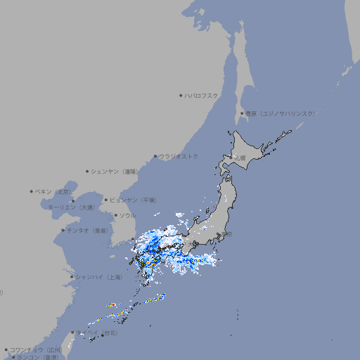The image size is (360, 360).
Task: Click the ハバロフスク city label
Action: coord(202,95)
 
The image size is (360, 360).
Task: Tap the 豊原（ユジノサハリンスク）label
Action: coord(281,113)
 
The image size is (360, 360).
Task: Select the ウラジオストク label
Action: coord(179,156)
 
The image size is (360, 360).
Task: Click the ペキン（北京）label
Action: coord(53,191)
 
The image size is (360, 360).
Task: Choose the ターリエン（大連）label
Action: coord(70,207)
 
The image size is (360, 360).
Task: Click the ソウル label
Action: coord(127,215)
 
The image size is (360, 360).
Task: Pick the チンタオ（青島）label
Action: coord(88,230)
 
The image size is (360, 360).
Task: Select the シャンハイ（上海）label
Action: coord(99,277)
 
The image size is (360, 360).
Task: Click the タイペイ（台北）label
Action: coord(98,332)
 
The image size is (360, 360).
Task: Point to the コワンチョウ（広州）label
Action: coord(36,349)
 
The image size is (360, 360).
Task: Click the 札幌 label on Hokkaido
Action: coord(241,158)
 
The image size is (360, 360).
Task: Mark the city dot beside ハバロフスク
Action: coord(181,95)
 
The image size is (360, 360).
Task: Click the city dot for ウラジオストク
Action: coord(155,156)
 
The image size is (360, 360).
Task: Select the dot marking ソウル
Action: coord(115,215)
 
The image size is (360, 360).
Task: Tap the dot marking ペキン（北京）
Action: coord(32,191)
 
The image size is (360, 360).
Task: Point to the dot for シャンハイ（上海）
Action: coord(72,277)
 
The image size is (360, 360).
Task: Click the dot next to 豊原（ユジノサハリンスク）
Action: coord(242,113)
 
